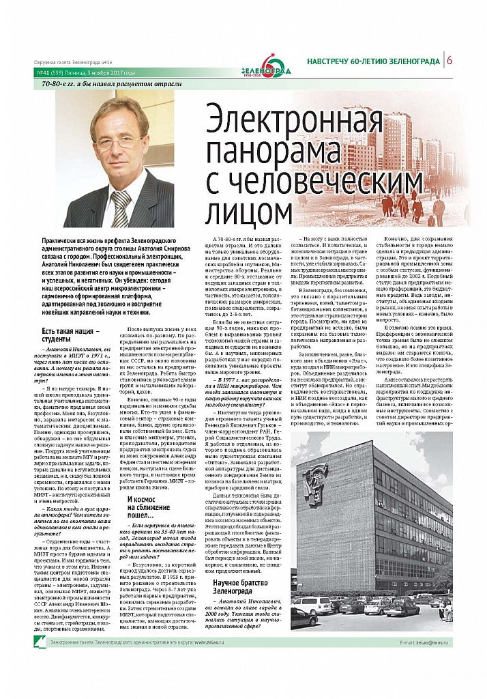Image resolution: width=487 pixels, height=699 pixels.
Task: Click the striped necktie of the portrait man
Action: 121,205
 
